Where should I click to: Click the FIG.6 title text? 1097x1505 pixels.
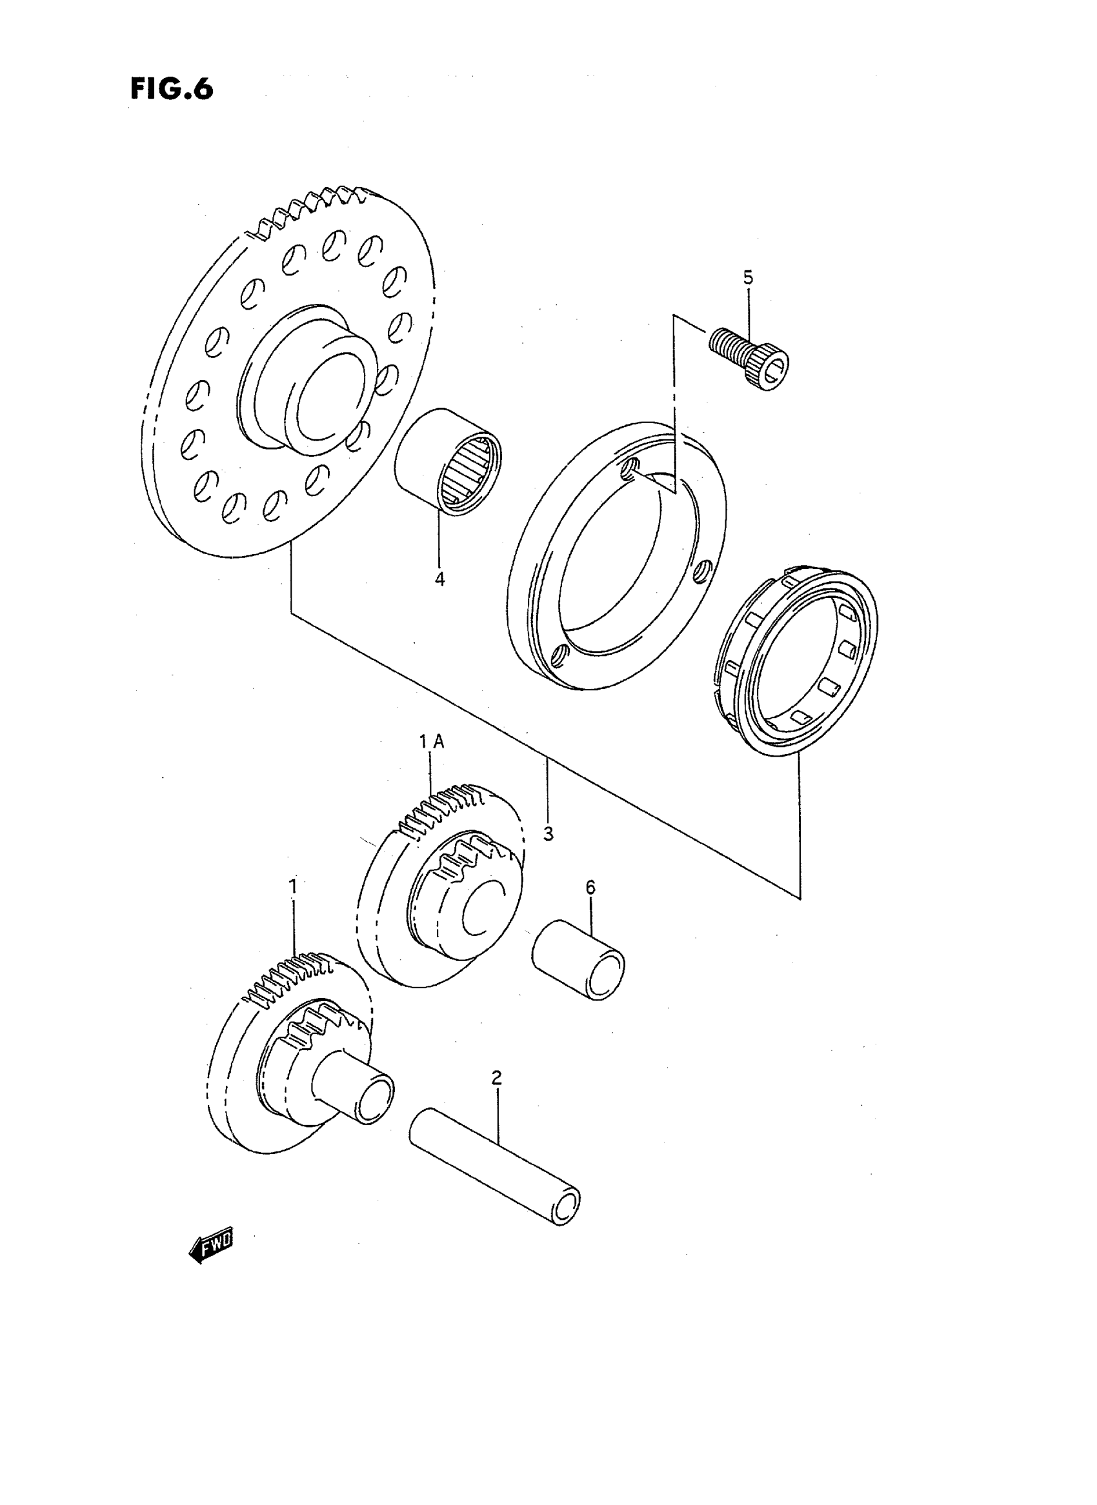tap(171, 89)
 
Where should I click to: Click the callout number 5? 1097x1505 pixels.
tap(749, 277)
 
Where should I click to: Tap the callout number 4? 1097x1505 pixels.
tap(439, 579)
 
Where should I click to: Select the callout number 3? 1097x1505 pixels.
tap(548, 834)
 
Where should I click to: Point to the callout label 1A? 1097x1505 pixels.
tap(431, 743)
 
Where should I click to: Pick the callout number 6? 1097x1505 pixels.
tap(590, 887)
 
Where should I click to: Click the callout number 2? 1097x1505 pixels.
tap(497, 1077)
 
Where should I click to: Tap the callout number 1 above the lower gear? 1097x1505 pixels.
tap(292, 886)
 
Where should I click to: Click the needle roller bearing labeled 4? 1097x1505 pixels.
tap(449, 461)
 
